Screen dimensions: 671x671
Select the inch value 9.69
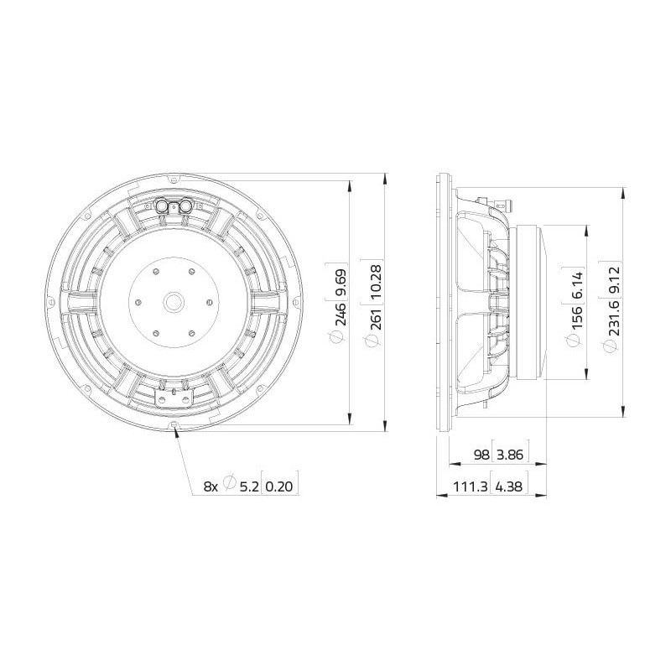[x=341, y=283]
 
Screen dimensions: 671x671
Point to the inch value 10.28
[x=375, y=282]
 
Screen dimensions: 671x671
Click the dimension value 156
[x=577, y=317]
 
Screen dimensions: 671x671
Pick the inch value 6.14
[x=577, y=285]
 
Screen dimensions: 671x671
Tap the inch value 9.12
[x=612, y=281]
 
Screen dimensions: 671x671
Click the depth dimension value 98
[x=481, y=455]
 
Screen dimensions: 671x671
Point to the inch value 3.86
[x=511, y=455]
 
